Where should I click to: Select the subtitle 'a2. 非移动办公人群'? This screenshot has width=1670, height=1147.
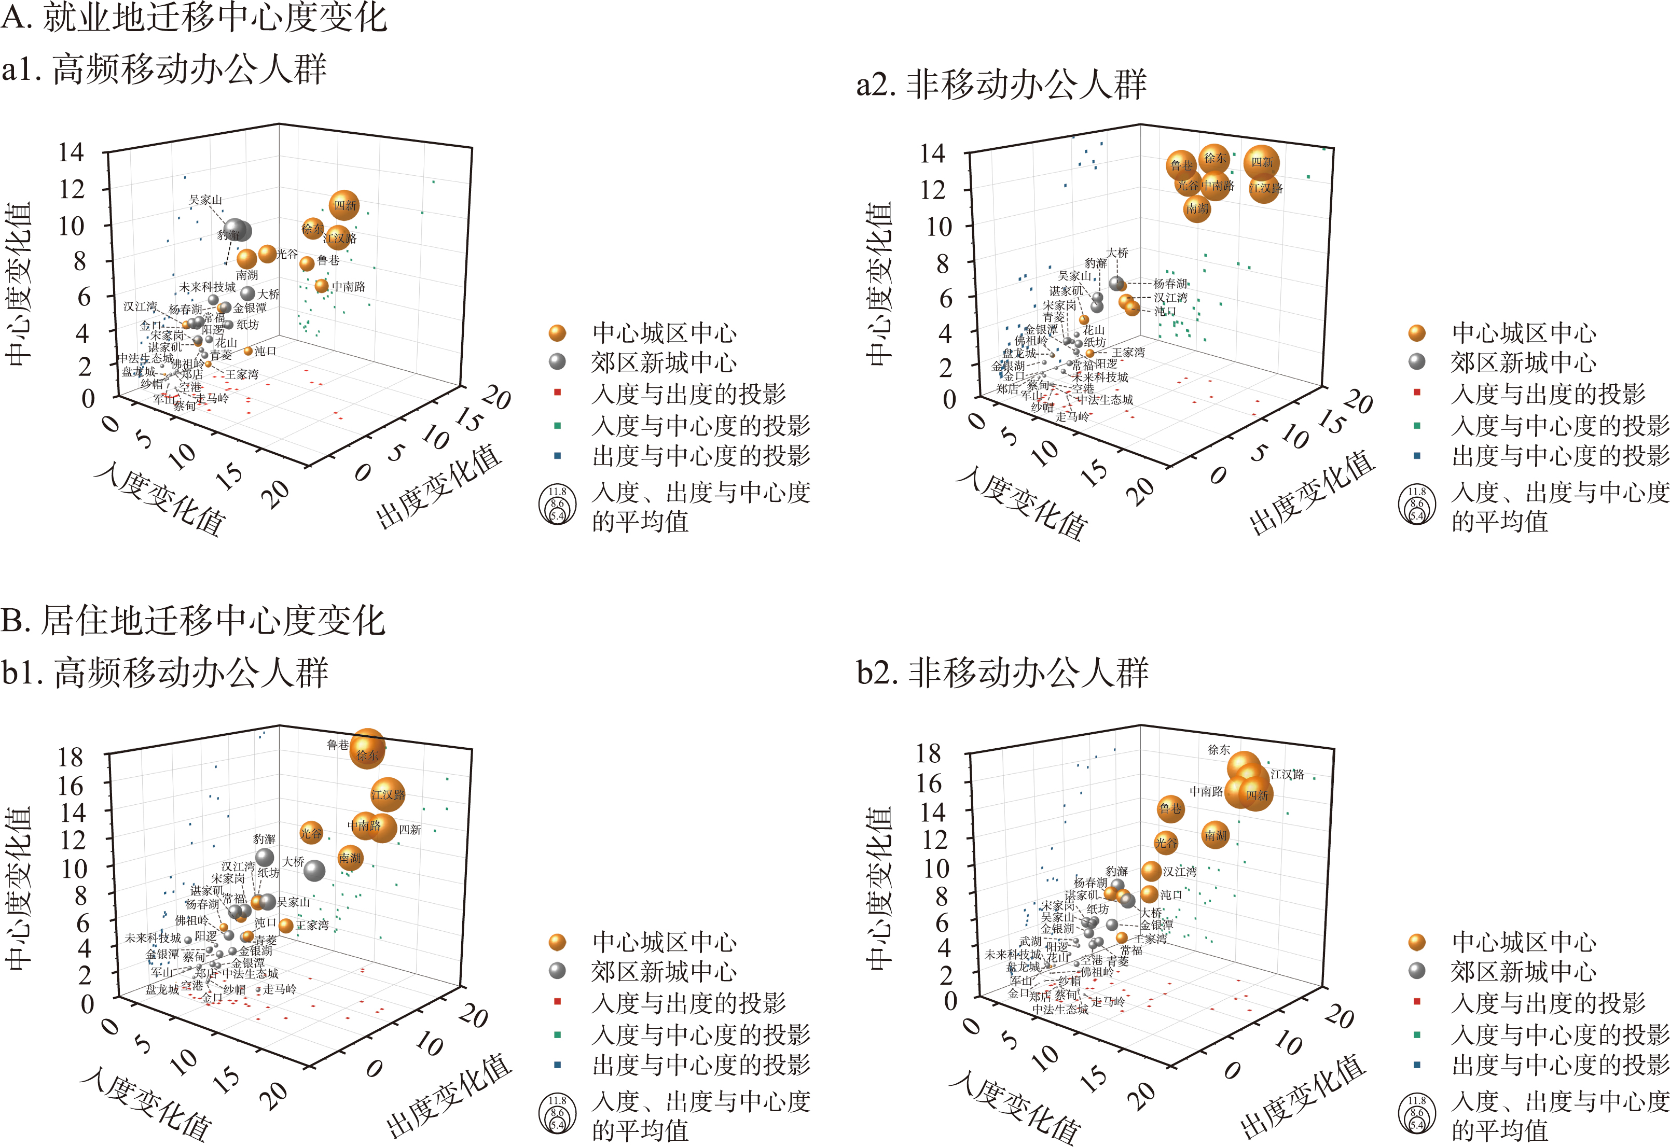1001,85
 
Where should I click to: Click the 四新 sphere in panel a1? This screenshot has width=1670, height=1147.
344,205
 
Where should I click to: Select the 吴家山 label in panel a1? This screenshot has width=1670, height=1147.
205,200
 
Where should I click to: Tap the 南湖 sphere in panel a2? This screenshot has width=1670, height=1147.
1196,208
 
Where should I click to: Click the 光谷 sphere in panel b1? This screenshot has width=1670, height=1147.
311,833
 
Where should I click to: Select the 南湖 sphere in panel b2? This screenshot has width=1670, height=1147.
1215,835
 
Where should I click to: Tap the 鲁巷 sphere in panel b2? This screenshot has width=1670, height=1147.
1170,808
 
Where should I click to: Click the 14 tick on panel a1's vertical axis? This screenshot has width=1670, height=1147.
71,152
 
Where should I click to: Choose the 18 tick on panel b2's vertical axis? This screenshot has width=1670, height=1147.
928,753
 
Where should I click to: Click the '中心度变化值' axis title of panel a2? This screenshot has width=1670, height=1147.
878,284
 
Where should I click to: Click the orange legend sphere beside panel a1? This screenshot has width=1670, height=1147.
557,333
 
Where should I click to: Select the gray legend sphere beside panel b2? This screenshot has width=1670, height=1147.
1416,971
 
